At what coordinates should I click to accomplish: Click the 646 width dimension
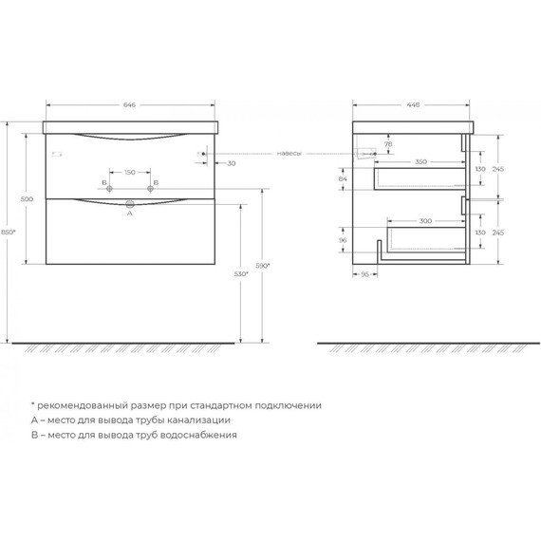(131, 106)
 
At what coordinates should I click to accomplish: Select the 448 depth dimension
(412, 106)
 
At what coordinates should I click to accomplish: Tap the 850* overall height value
(9, 233)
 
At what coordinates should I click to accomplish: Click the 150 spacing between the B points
(130, 173)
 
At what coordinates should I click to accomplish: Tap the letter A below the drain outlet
(129, 214)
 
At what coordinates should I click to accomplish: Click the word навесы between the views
(290, 154)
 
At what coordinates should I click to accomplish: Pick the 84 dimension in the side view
(343, 178)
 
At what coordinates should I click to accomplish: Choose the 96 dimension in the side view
(343, 240)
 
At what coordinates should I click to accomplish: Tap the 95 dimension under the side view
(364, 274)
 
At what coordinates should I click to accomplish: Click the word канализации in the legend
(196, 420)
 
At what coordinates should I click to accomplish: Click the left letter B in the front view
(104, 181)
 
